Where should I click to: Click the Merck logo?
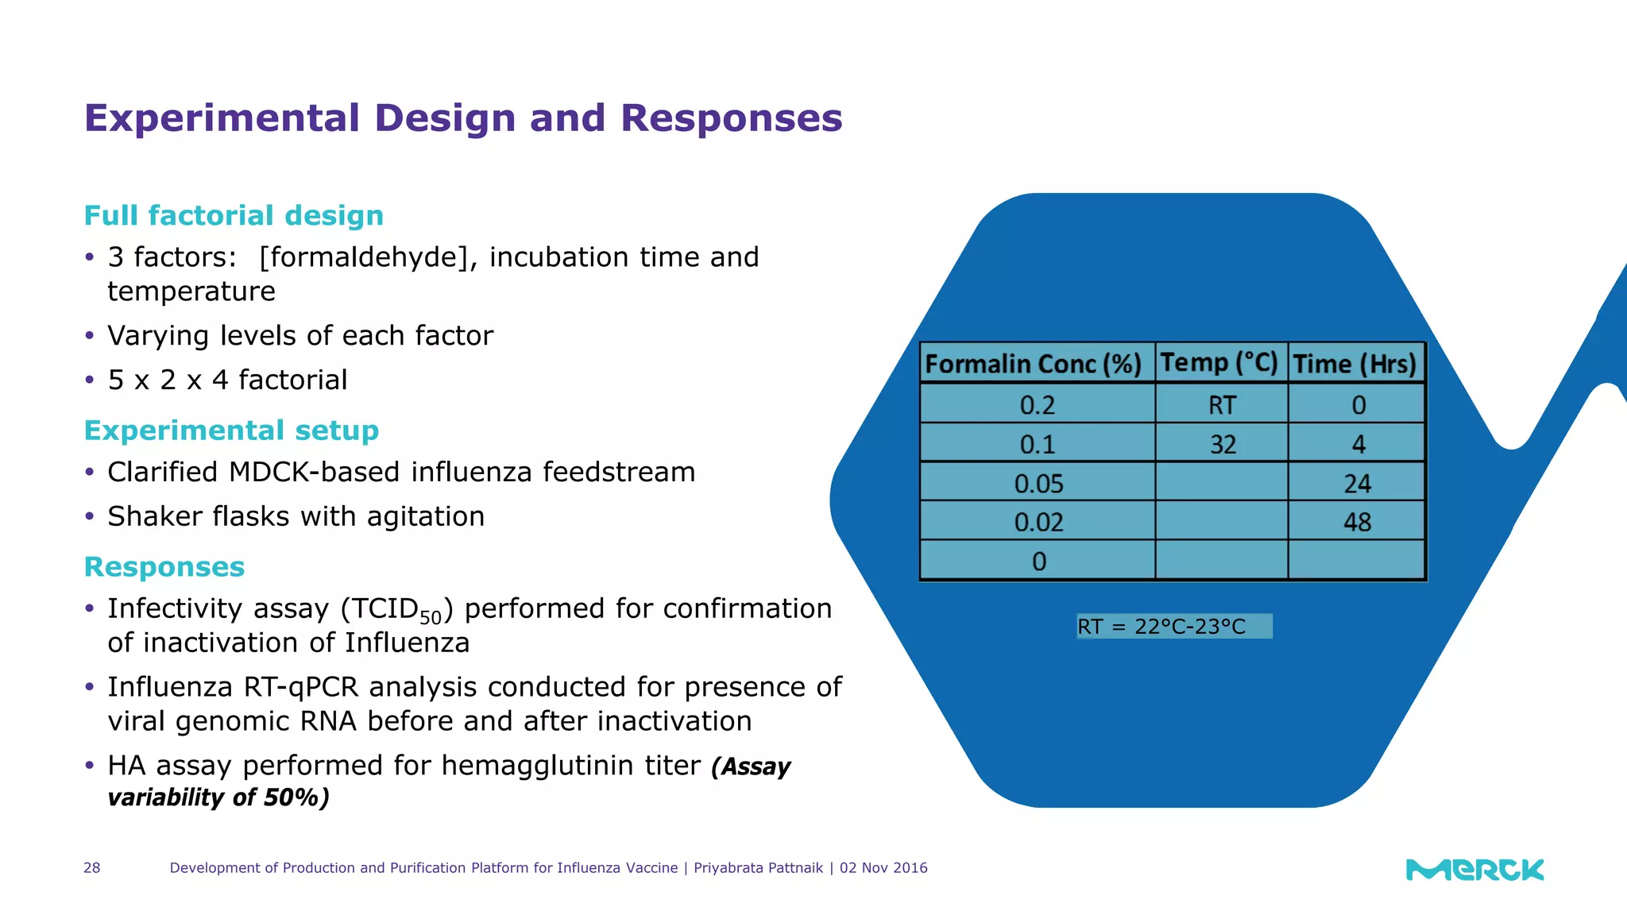[x=1474, y=870]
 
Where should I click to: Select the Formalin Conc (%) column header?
[x=1034, y=364]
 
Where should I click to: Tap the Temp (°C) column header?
[x=1219, y=363]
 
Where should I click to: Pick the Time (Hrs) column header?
[x=1355, y=364]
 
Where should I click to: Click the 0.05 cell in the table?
[x=1038, y=483]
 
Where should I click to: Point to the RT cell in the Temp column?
[x=1222, y=405]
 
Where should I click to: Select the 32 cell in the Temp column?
[x=1223, y=444]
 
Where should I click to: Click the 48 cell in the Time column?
[x=1357, y=522]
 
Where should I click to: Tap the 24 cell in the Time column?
[x=1357, y=483]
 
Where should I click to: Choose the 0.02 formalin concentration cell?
[x=1038, y=522]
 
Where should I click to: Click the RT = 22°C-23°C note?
[x=1173, y=627]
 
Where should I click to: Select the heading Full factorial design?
[x=234, y=215]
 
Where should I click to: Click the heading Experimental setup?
[x=231, y=430]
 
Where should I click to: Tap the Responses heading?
[x=164, y=567]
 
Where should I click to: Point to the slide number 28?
[x=92, y=868]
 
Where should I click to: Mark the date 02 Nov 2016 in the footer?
[x=883, y=868]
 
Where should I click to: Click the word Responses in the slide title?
[x=731, y=118]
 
